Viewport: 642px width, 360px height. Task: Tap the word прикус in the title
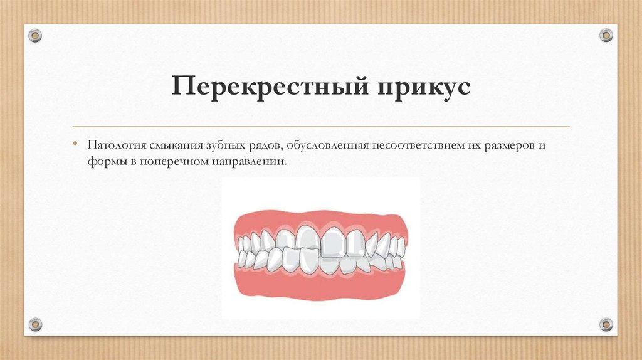pos(424,87)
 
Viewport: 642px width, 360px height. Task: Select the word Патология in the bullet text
pos(117,145)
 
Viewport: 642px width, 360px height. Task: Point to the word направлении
pos(249,161)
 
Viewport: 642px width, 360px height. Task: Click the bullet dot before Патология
pos(75,143)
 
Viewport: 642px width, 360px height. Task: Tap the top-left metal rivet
pos(35,36)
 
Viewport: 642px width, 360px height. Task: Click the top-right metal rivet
pos(606,35)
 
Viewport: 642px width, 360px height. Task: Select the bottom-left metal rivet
pos(35,324)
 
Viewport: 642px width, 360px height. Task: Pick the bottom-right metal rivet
pos(606,324)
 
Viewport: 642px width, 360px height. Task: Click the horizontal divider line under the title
pos(321,127)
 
